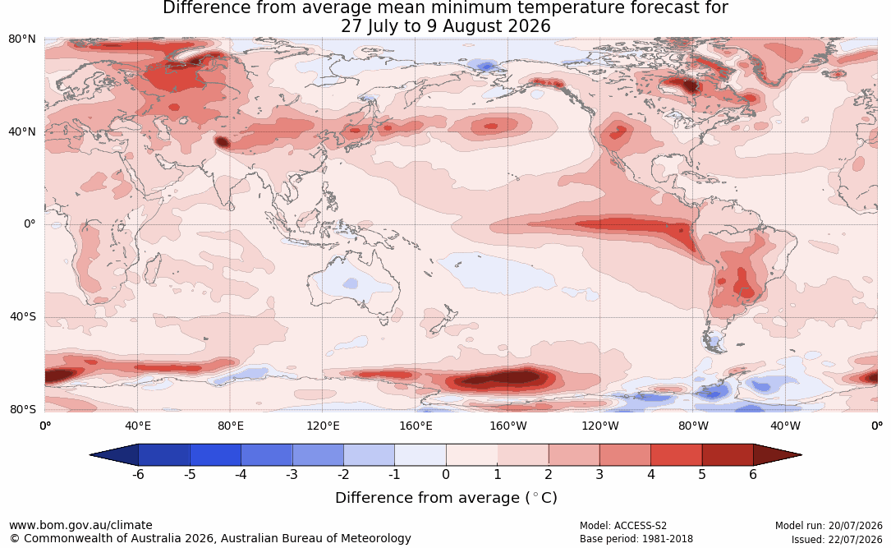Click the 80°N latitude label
click(22, 39)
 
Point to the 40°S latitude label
click(23, 316)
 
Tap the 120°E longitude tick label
click(323, 426)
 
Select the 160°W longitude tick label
click(508, 426)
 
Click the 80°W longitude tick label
click(693, 426)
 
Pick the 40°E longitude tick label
click(137, 426)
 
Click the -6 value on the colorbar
click(138, 474)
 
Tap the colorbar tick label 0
click(446, 474)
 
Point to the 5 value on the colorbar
click(702, 474)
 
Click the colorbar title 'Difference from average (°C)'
click(446, 498)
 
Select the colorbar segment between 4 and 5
click(676, 455)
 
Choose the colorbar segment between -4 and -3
click(267, 455)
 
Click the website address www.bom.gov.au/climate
click(80, 525)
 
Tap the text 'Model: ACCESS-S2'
click(622, 526)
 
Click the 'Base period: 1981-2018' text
click(636, 539)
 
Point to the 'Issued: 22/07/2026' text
click(837, 539)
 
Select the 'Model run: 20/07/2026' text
click(829, 526)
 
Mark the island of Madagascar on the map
click(152, 269)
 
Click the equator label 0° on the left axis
click(30, 224)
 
